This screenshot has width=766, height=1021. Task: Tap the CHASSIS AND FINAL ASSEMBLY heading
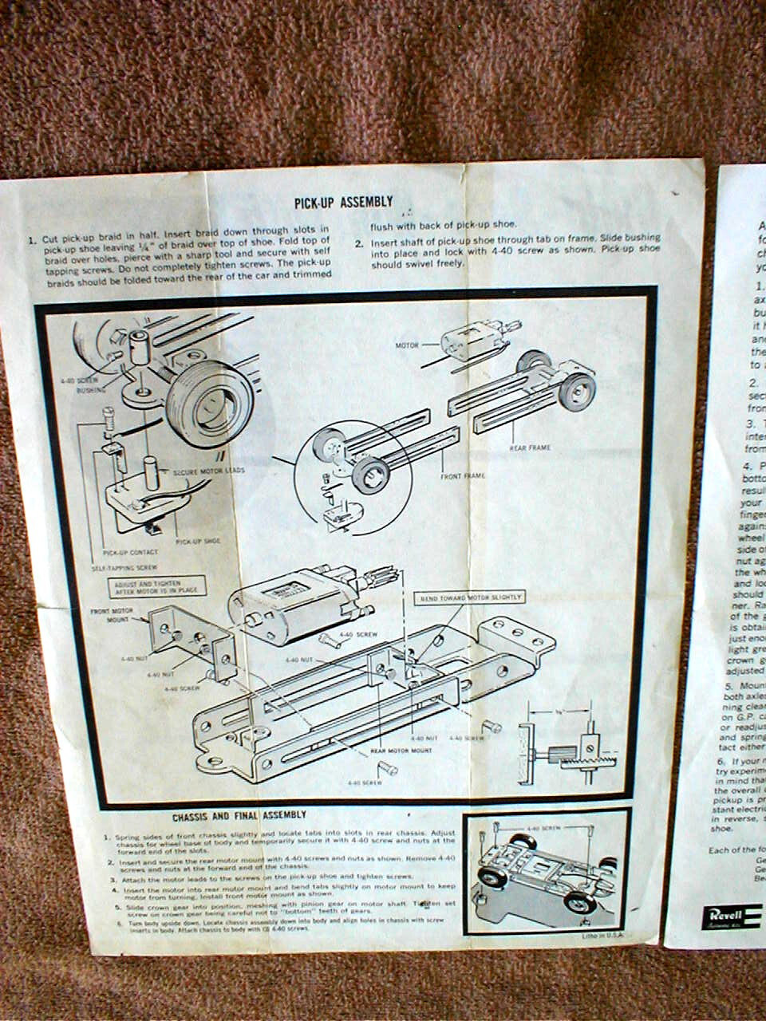(239, 815)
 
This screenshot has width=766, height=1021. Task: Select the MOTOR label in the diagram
(407, 345)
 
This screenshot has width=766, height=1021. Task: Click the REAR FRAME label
(530, 447)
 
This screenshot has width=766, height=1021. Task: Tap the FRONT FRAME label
(463, 475)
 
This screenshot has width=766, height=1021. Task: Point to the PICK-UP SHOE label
(198, 541)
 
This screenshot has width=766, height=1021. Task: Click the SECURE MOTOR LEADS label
(209, 471)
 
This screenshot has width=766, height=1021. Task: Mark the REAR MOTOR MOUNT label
(401, 751)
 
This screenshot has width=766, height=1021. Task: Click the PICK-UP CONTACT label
(131, 551)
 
